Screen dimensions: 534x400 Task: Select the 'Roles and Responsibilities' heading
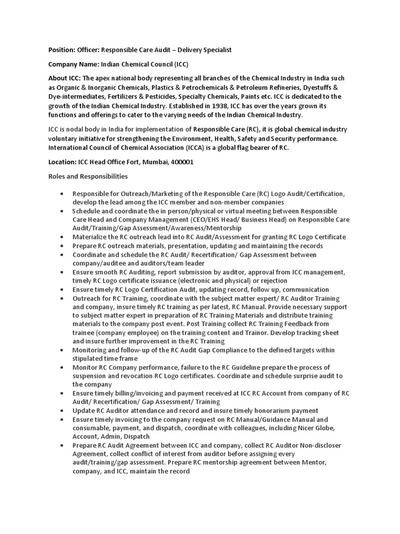(x=84, y=176)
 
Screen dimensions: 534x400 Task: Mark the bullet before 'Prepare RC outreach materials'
(x=62, y=246)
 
